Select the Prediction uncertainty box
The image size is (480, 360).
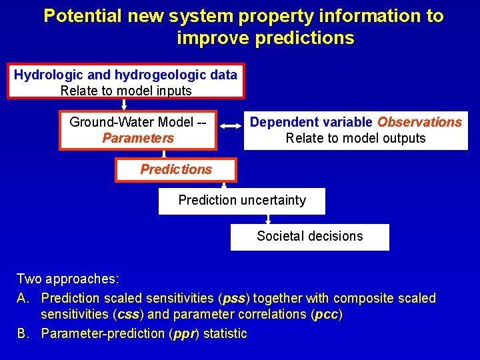(242, 201)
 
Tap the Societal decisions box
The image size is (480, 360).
(310, 237)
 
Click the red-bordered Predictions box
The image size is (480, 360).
(176, 169)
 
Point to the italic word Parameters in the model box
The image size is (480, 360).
(138, 139)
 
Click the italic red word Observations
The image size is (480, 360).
(419, 122)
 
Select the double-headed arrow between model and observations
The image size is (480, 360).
(230, 125)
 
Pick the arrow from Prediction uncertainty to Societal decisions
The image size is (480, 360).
(267, 219)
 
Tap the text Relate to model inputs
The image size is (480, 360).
(126, 91)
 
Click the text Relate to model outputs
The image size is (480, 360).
(355, 139)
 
